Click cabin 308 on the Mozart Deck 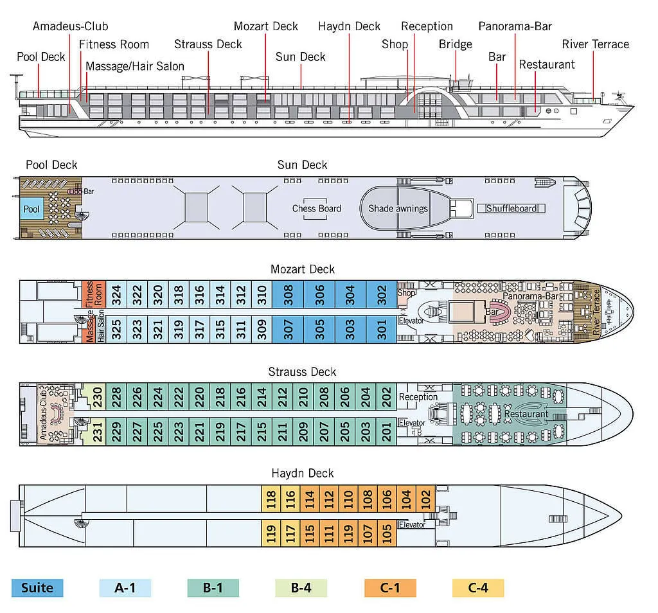click(288, 295)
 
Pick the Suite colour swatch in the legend click(37, 588)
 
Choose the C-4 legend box click(478, 588)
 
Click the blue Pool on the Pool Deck click(31, 209)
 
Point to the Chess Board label click(317, 208)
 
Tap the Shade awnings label click(398, 208)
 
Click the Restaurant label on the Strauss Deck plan click(526, 414)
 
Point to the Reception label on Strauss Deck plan click(418, 397)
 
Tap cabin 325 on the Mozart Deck click(116, 329)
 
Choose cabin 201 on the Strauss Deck click(386, 431)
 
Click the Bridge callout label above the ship click(456, 44)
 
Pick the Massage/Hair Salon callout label click(135, 66)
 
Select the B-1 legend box click(213, 588)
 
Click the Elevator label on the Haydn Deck click(412, 525)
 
